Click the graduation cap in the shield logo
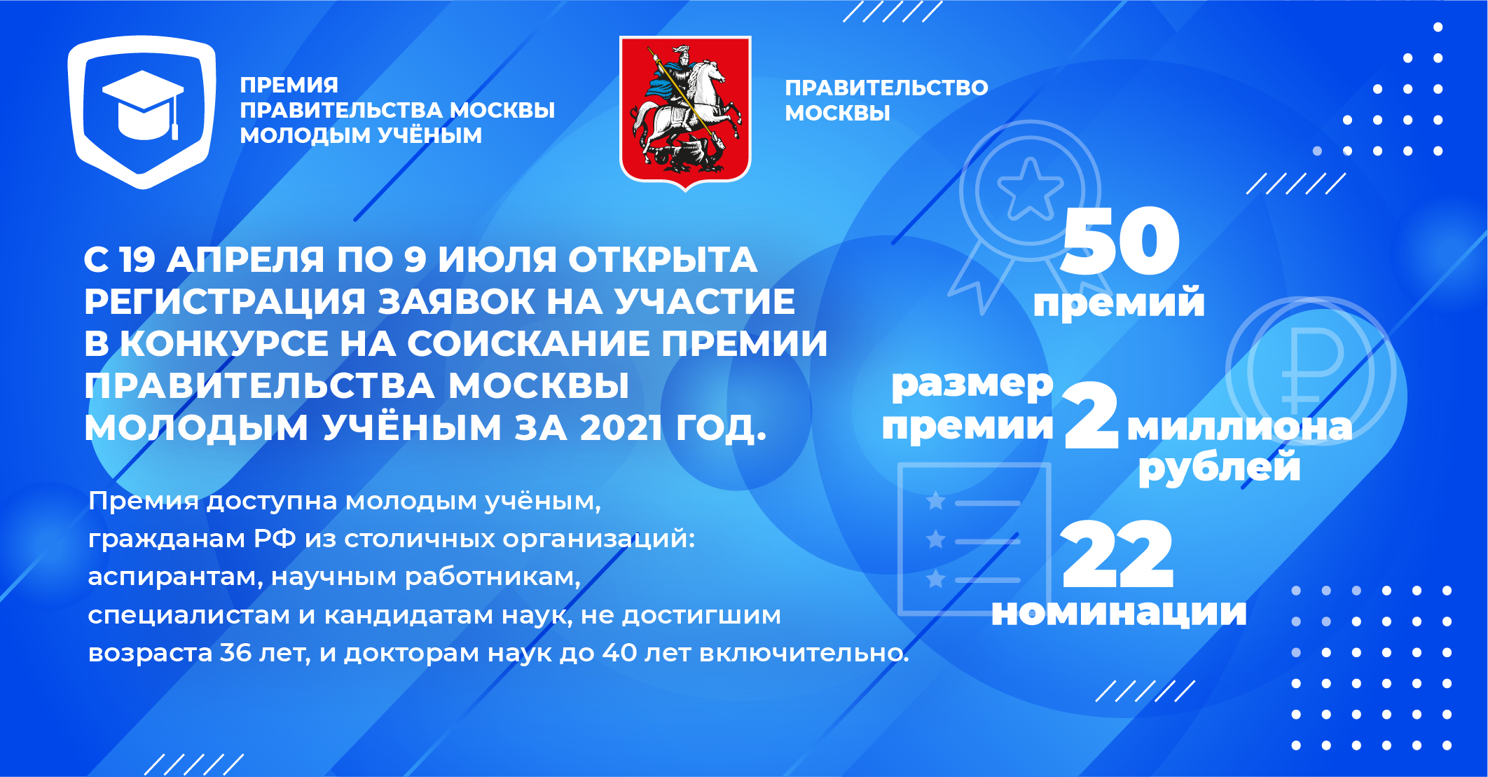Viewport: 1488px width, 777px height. point(143,105)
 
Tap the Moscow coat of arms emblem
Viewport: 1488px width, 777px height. point(685,112)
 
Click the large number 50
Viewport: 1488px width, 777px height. point(1120,241)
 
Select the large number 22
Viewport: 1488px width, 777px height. point(1117,554)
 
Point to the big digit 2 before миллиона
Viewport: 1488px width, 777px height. point(1091,415)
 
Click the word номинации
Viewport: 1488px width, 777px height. point(1119,612)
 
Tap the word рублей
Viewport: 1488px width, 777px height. point(1220,468)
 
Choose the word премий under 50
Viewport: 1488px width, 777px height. point(1119,303)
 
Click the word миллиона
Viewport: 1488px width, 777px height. point(1239,427)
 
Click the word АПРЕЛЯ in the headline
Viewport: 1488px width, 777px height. point(245,260)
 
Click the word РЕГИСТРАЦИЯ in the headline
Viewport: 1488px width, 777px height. point(224,302)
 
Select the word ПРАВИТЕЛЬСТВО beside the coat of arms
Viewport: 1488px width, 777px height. point(886,88)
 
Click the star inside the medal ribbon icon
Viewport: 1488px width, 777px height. point(1030,188)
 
